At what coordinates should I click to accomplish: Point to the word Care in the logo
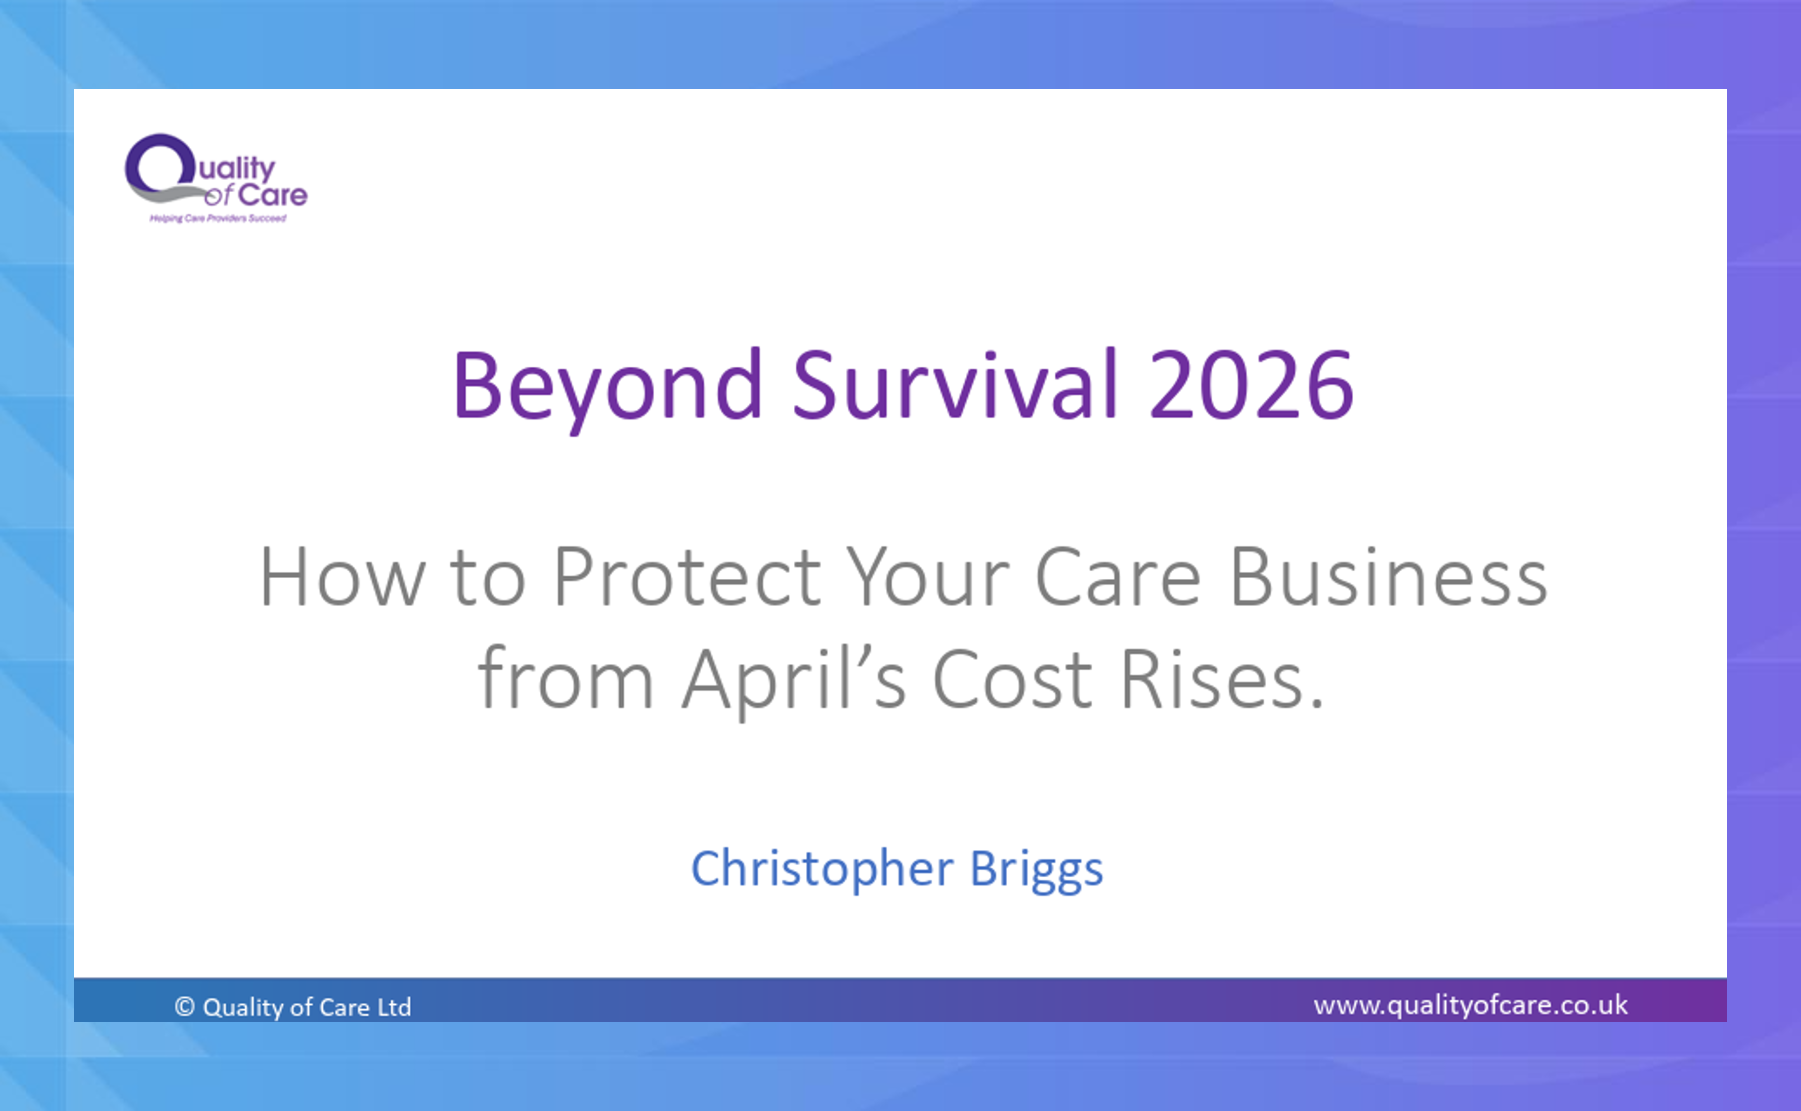(273, 195)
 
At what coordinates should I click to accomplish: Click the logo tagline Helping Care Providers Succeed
(218, 218)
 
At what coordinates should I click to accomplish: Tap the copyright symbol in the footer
(185, 1006)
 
